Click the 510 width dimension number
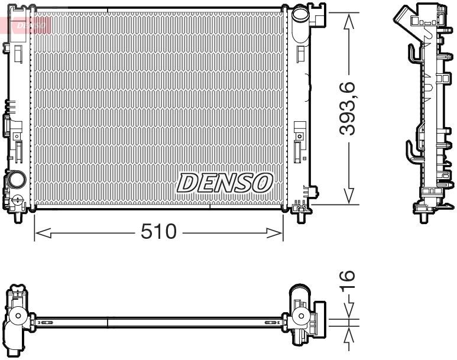(x=158, y=232)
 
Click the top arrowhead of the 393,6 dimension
(x=349, y=20)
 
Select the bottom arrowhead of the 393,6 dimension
(x=349, y=196)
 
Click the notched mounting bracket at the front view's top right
(x=318, y=15)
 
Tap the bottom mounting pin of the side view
(x=423, y=218)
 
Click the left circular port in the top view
(x=20, y=316)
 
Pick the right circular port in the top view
(x=300, y=316)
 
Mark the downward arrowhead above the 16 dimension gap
(x=349, y=312)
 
